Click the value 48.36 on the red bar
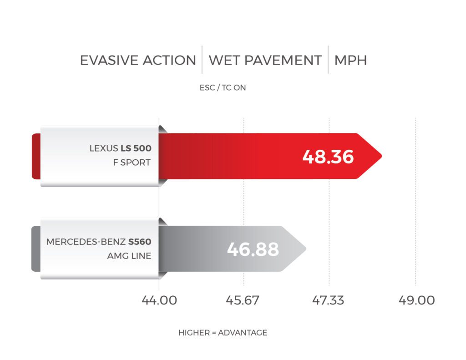(328, 156)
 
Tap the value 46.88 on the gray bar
(253, 249)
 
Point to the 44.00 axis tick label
(159, 300)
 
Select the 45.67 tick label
(243, 300)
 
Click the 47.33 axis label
(329, 300)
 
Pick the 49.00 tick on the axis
(415, 300)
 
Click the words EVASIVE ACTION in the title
(138, 61)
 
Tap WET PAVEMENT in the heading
(265, 61)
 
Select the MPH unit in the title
(350, 61)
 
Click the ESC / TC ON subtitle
(223, 88)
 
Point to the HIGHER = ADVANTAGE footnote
(223, 333)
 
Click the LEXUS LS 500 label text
(120, 148)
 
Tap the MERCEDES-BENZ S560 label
(98, 242)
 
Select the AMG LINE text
(129, 256)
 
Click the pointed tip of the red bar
(380, 156)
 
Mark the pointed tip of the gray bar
(305, 249)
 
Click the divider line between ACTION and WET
(202, 60)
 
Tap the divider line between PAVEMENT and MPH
(328, 60)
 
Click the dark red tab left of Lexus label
(35, 156)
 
